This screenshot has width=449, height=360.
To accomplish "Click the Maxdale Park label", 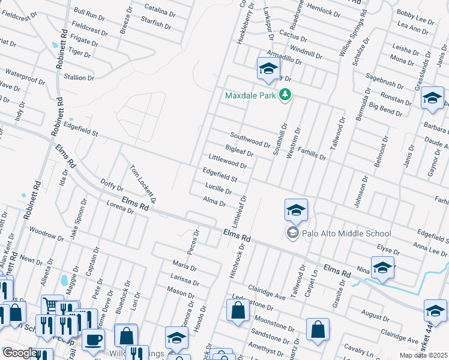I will [252, 95].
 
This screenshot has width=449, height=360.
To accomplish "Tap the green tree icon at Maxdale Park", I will [286, 95].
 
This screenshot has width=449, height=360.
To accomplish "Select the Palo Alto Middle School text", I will [347, 233].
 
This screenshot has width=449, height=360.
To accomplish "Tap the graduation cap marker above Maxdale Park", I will [268, 70].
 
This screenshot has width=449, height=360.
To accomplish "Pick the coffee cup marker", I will [93, 340].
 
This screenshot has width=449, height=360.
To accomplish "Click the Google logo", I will [20, 353].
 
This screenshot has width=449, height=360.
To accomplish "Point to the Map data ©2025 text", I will [421, 355].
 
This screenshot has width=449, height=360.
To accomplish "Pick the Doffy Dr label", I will [112, 185].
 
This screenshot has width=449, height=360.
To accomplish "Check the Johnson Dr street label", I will [360, 192].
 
